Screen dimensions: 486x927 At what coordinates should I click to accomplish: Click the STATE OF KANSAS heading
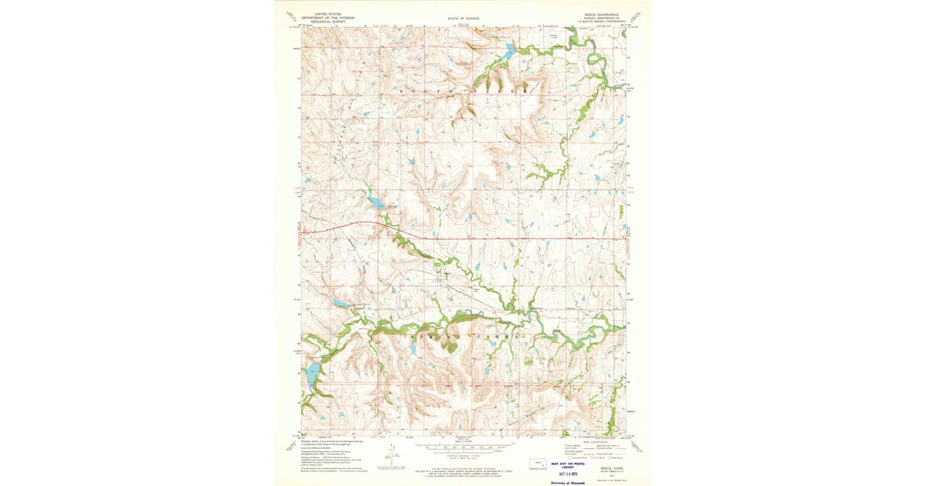463,17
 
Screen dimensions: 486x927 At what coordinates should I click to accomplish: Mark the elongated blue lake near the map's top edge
510,52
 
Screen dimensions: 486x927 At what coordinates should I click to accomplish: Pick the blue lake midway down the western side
341,302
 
